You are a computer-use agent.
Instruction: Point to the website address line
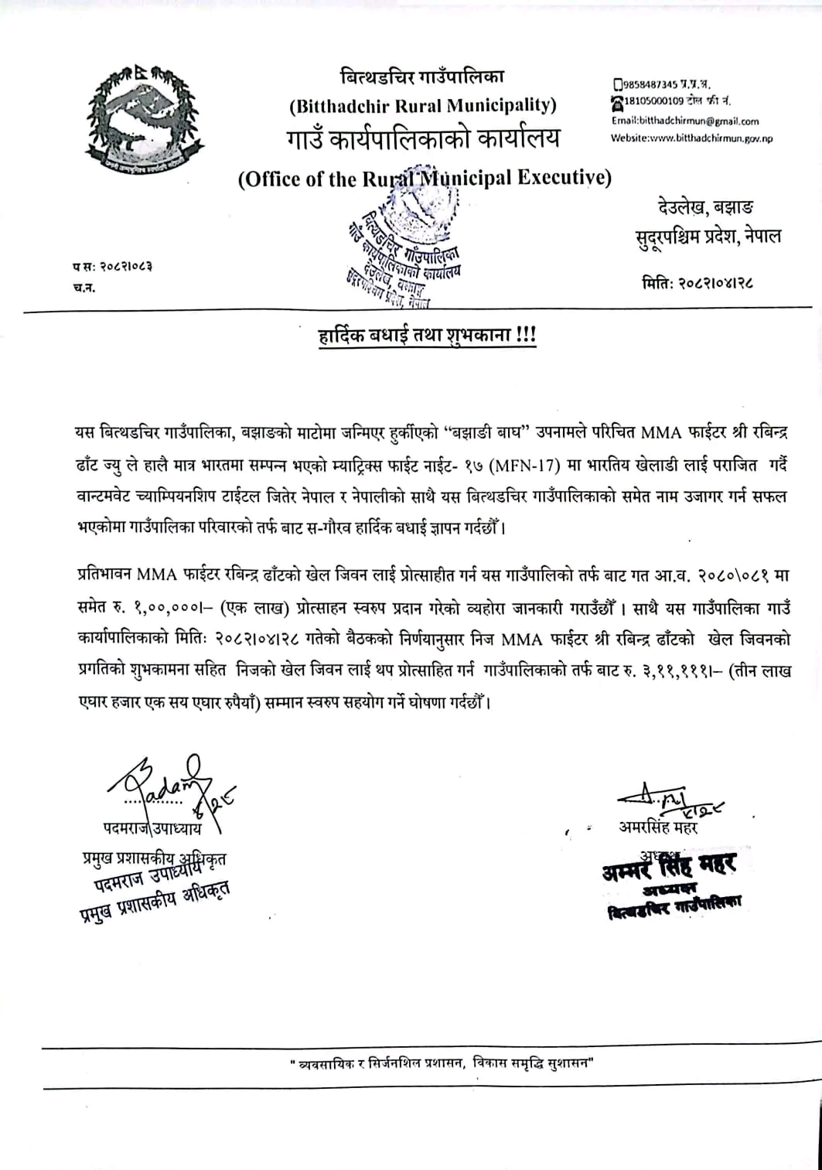pos(691,138)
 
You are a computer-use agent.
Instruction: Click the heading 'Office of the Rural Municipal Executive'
pos(425,179)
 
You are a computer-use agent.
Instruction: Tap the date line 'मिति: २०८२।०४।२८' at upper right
pos(698,283)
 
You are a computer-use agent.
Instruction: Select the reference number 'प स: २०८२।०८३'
pos(113,267)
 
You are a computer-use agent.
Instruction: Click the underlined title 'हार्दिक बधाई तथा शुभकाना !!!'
pos(418,337)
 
